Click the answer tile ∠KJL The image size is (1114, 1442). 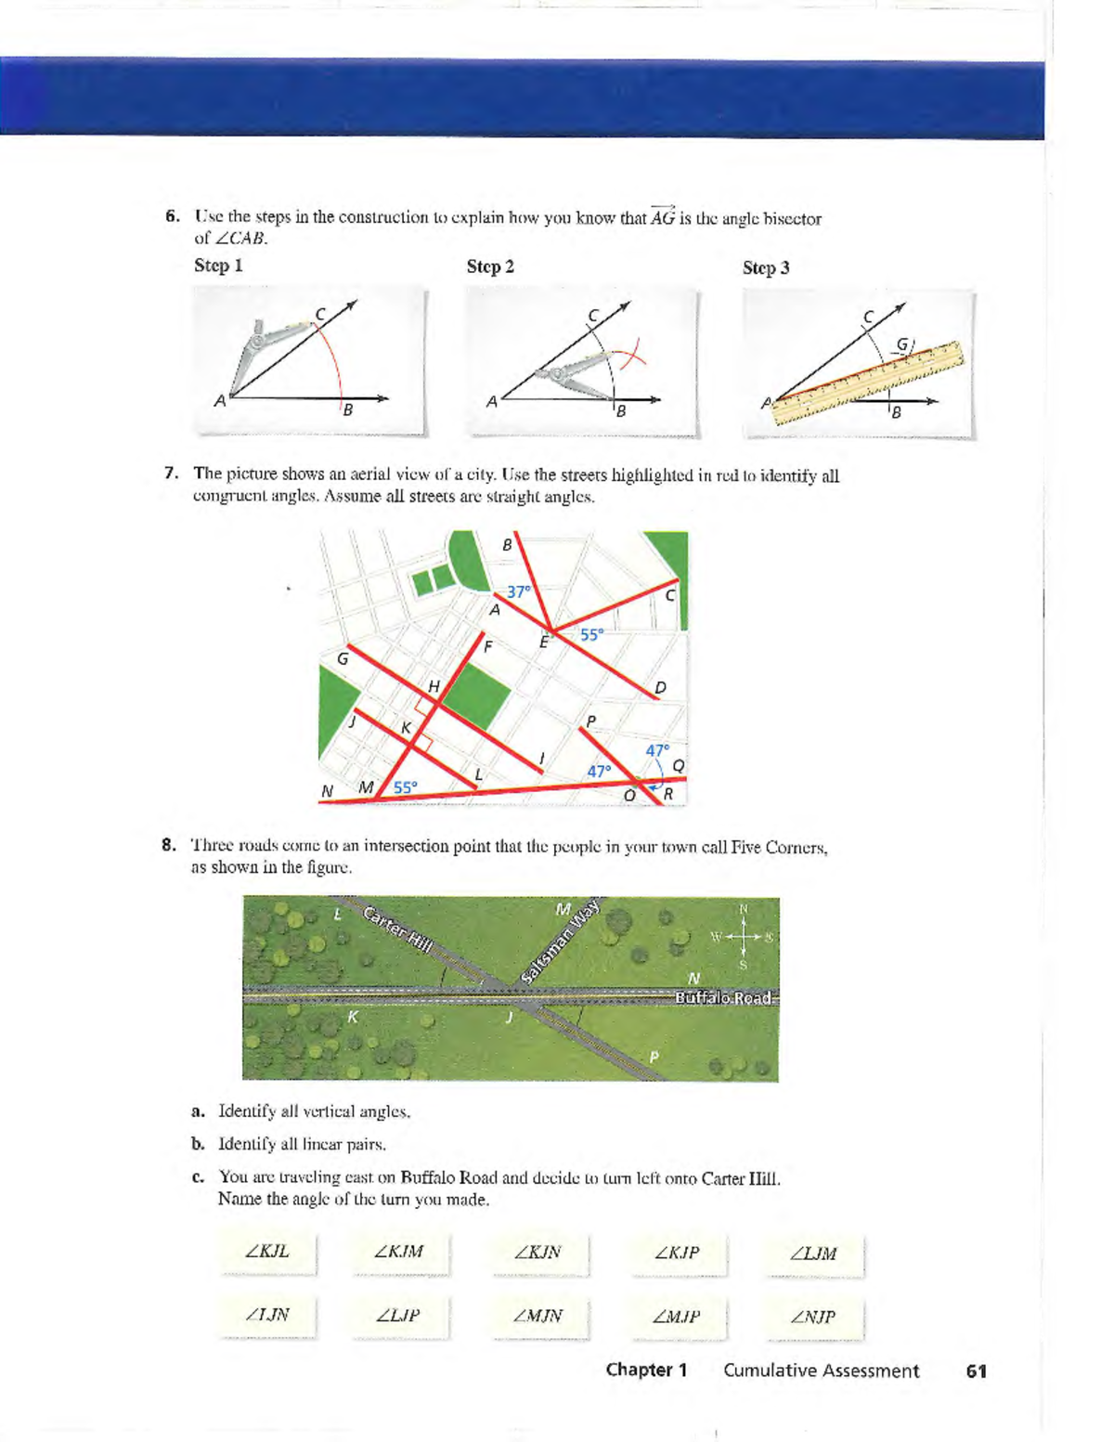[267, 1252]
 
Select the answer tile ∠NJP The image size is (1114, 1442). [813, 1317]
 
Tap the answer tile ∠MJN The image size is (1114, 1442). [538, 1316]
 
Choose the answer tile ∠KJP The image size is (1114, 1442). [677, 1253]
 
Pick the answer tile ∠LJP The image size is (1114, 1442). [398, 1316]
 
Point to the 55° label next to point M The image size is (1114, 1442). [406, 786]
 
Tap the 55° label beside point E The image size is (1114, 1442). [591, 634]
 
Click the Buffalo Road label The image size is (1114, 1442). [723, 997]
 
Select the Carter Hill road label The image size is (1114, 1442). [398, 929]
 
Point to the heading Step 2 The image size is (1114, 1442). [490, 266]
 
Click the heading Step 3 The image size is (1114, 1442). [766, 267]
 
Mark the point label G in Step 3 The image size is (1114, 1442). [900, 345]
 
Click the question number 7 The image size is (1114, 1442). [171, 474]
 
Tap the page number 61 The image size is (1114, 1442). [976, 1371]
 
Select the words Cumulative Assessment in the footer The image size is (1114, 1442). [821, 1371]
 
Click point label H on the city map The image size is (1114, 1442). [434, 686]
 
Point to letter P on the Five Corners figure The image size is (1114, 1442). [654, 1057]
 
